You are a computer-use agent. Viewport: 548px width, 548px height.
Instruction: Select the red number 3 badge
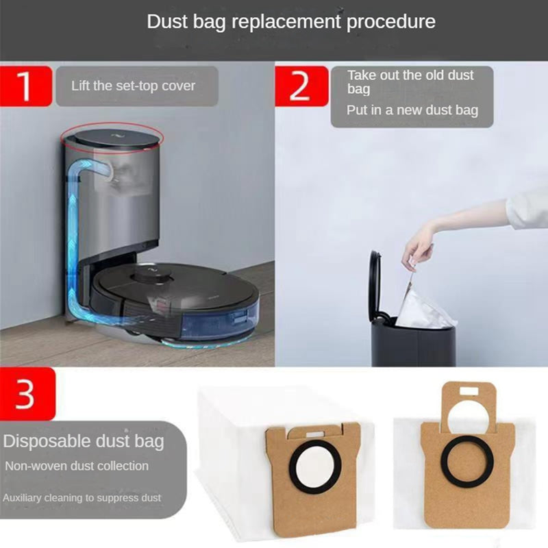(26, 395)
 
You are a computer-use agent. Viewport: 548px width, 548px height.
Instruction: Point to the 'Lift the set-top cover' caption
(133, 86)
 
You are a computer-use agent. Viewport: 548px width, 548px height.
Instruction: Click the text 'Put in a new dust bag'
(412, 110)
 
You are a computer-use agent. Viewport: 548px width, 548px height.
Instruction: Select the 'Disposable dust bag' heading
(84, 440)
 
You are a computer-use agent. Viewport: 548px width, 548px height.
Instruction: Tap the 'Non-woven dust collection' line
(77, 466)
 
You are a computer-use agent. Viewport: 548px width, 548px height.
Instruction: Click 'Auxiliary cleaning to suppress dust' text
(82, 498)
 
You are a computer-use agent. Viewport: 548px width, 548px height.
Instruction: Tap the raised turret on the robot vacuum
(151, 273)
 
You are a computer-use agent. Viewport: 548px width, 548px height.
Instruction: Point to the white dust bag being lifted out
(427, 309)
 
